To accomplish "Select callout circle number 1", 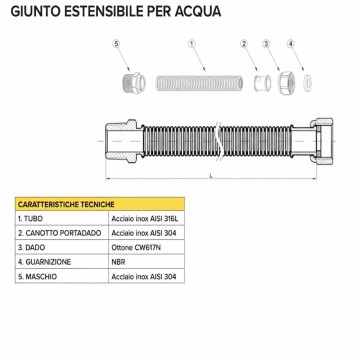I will click(x=190, y=44).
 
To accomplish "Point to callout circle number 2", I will click(x=243, y=44).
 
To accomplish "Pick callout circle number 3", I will click(x=266, y=44).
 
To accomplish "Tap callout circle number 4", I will click(x=290, y=44).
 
